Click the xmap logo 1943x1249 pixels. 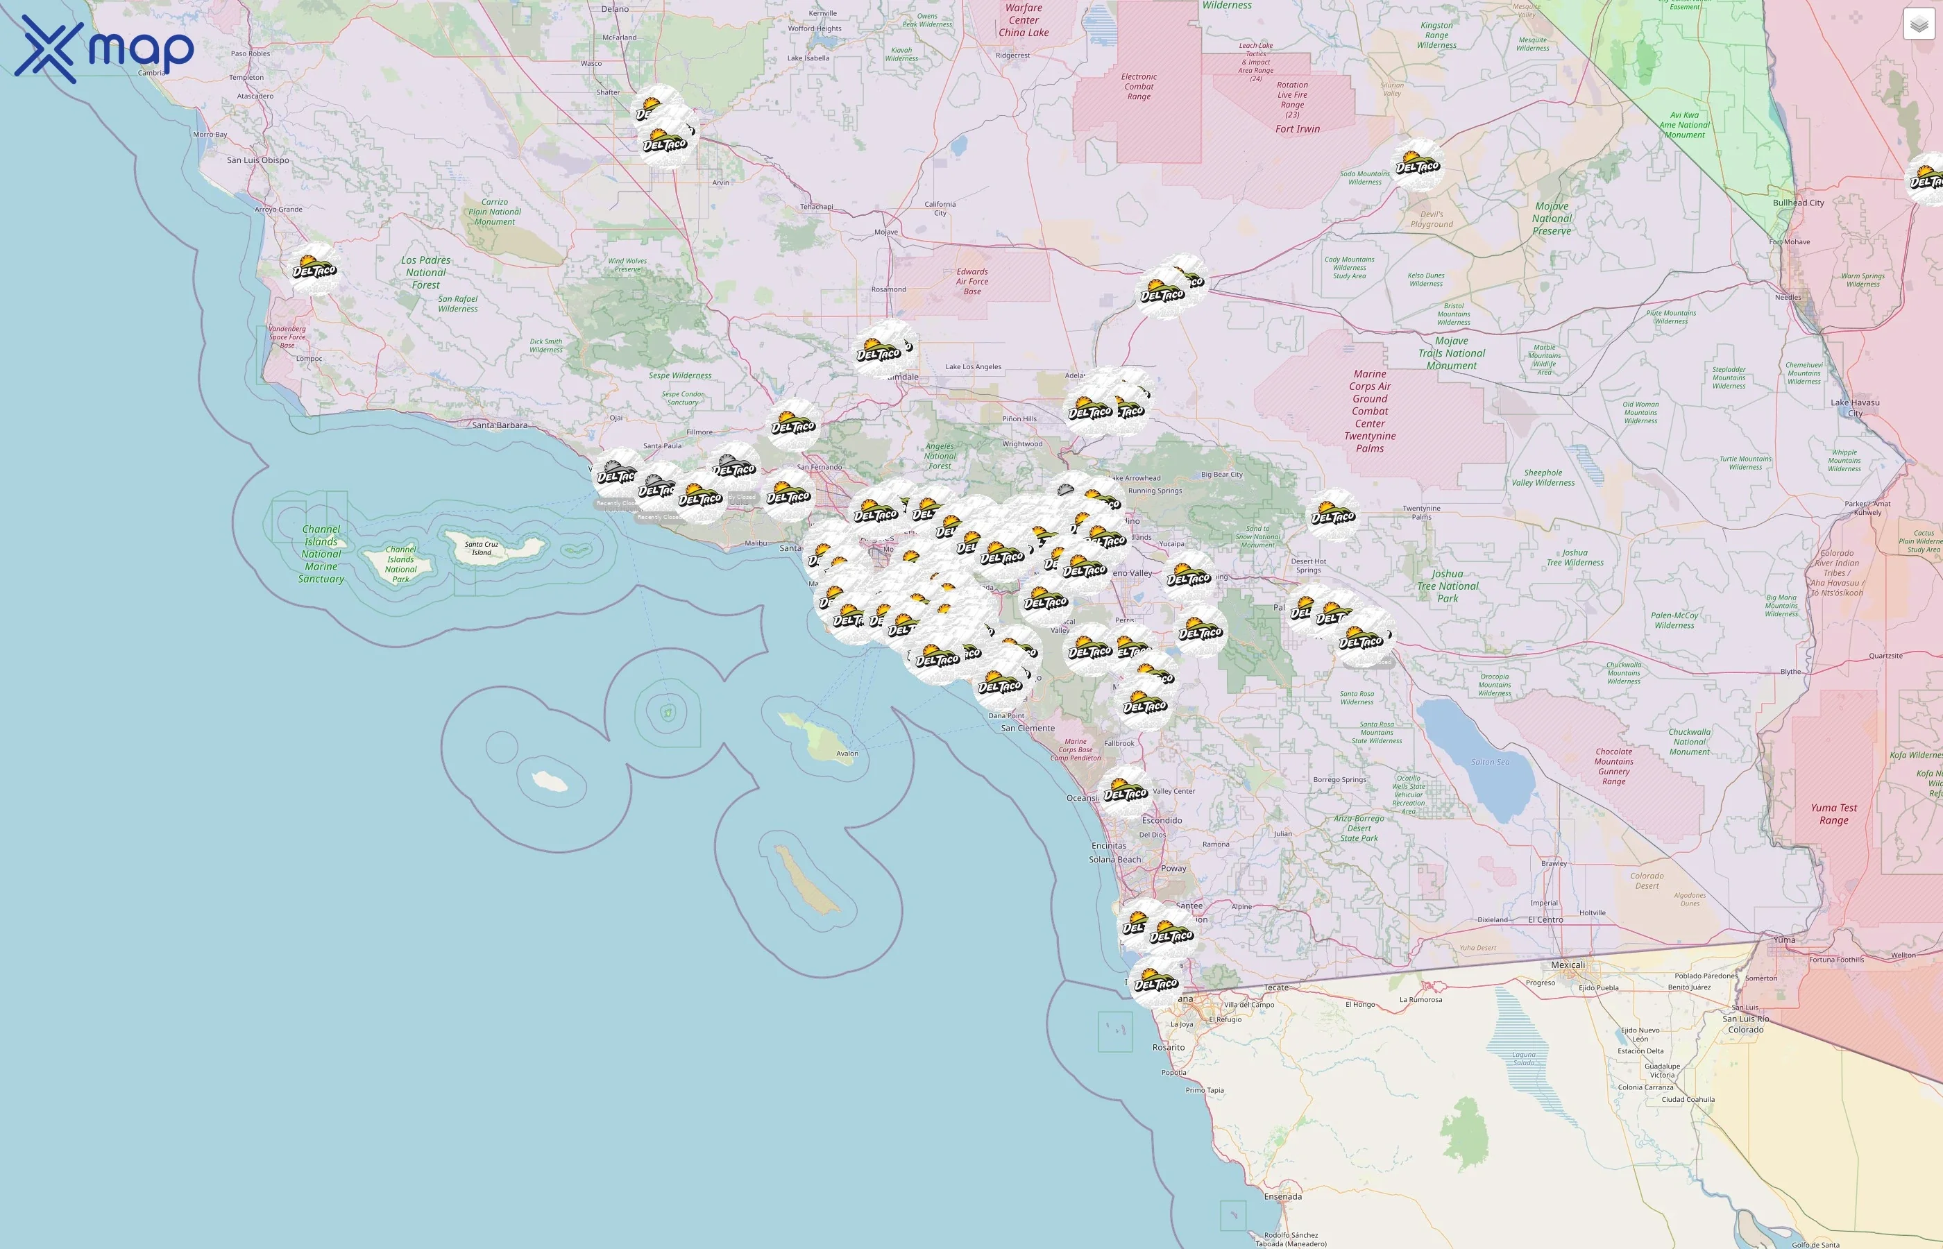[x=105, y=49]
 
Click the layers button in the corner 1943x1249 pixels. [x=1918, y=24]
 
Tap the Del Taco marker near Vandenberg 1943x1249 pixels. [x=314, y=269]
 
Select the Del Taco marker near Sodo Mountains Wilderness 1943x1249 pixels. [x=1417, y=164]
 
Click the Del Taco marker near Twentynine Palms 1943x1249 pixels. [x=1333, y=515]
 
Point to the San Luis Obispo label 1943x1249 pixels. [x=258, y=160]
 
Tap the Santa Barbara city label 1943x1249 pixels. [x=500, y=425]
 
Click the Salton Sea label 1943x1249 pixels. [x=1491, y=762]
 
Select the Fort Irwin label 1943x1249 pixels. [x=1298, y=129]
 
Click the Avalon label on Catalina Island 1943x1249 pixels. [x=847, y=754]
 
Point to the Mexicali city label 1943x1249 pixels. [x=1568, y=965]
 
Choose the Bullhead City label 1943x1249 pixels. [x=1798, y=203]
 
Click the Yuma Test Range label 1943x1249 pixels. [x=1834, y=813]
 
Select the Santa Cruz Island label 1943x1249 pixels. [x=482, y=548]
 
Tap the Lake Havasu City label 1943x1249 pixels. [x=1855, y=407]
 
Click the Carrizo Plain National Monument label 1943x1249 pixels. [x=495, y=212]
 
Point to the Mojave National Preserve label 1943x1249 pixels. [x=1552, y=218]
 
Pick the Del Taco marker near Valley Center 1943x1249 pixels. [x=1126, y=792]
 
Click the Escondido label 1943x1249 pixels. [x=1162, y=820]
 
